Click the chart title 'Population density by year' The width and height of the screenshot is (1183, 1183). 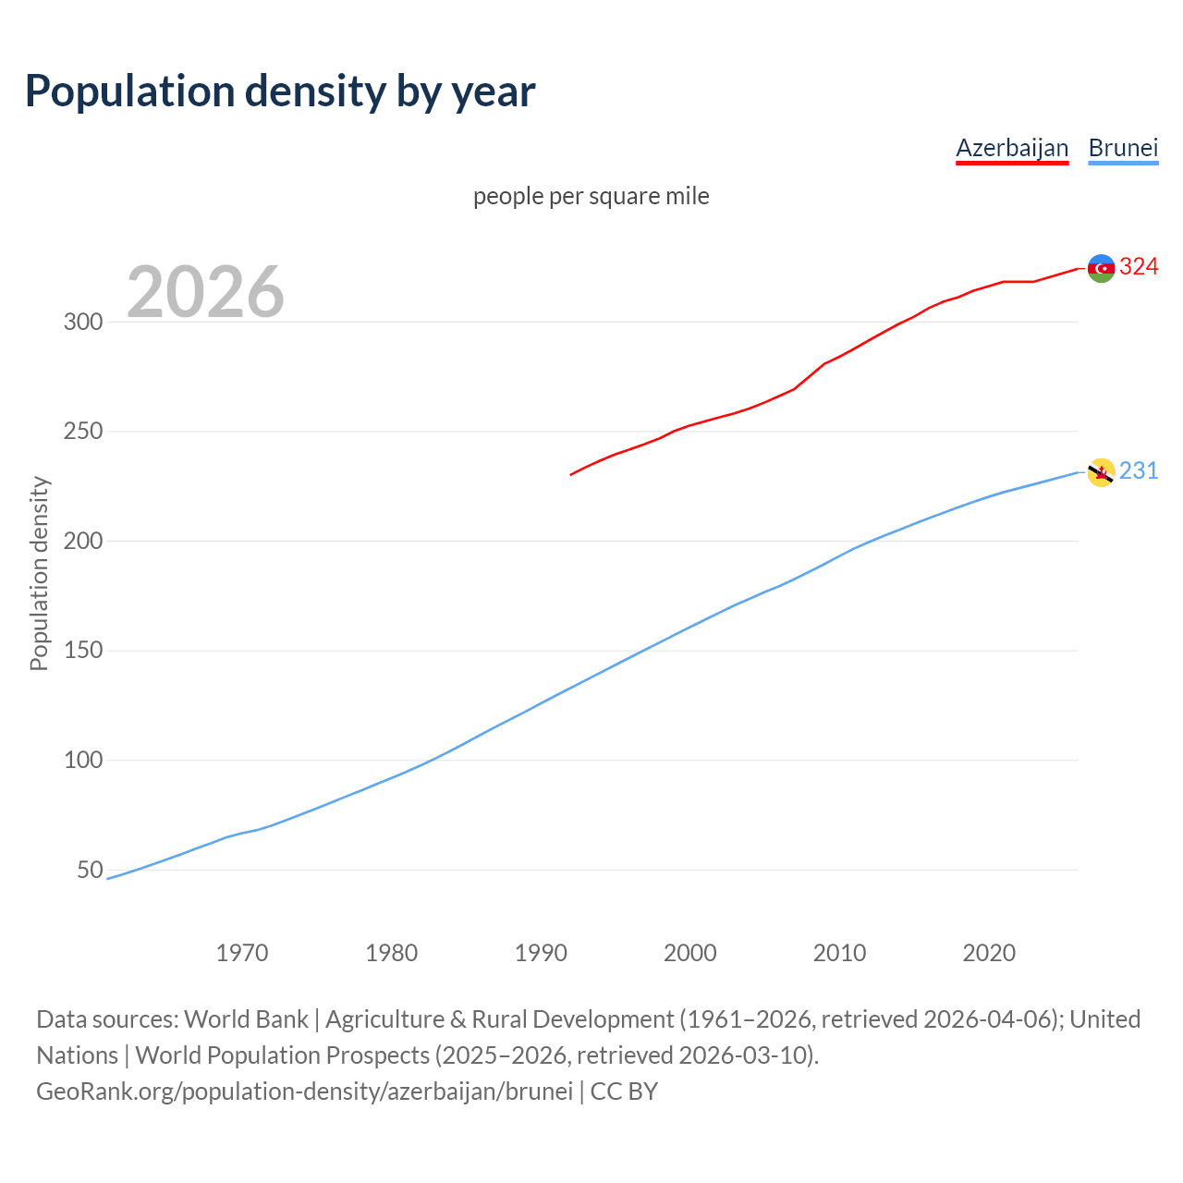click(280, 91)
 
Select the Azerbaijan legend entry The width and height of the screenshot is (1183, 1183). click(1012, 148)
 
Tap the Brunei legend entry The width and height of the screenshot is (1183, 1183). click(1123, 148)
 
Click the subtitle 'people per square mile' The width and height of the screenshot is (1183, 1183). click(591, 196)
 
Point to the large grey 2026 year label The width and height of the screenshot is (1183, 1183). click(205, 292)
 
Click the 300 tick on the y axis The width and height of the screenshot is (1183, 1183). click(82, 322)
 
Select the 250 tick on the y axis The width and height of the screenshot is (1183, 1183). click(82, 432)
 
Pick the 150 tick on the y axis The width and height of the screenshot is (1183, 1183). click(82, 651)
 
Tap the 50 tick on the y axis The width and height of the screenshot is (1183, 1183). click(90, 870)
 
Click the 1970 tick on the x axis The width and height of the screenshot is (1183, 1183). click(242, 952)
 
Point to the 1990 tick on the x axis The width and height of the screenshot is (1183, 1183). click(541, 952)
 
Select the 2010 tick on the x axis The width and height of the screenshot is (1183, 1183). click(839, 952)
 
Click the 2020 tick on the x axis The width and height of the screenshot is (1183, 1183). click(989, 952)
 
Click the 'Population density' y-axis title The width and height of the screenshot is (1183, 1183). click(39, 573)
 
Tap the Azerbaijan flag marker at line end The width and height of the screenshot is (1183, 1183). click(1101, 268)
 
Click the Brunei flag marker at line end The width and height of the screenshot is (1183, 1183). click(1101, 472)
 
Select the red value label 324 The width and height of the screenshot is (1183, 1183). click(1139, 267)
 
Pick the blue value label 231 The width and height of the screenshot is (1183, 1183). click(1139, 471)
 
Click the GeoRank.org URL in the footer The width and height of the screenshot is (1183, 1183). click(304, 1091)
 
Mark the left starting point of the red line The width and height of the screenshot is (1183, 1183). click(571, 474)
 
